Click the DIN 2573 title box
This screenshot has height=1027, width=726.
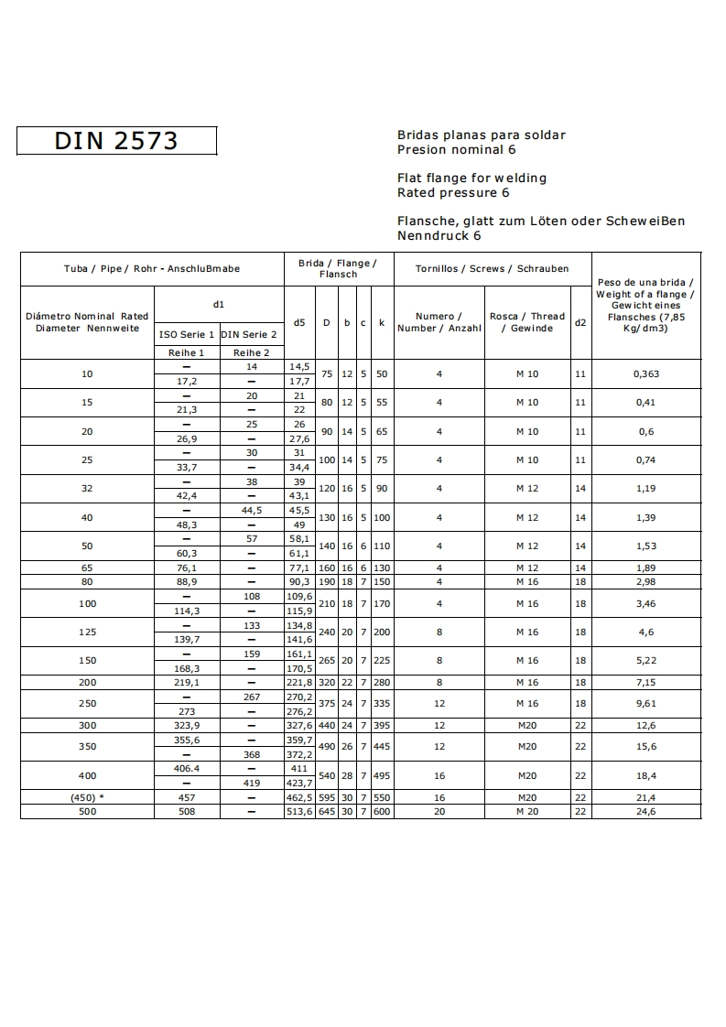(x=116, y=140)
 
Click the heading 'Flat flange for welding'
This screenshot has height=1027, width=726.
(x=471, y=178)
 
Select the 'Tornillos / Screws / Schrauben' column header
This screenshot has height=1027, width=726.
(x=492, y=269)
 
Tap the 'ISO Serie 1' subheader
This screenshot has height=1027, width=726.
(x=186, y=335)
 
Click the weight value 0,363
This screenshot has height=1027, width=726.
(x=645, y=373)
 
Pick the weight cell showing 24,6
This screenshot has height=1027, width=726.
(x=645, y=812)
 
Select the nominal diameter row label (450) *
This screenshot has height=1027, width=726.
(x=87, y=798)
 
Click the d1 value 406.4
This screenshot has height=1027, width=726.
(x=186, y=769)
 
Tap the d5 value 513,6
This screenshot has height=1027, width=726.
(x=299, y=812)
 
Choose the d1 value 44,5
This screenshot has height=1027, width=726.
(x=251, y=511)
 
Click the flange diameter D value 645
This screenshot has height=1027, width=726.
(x=327, y=812)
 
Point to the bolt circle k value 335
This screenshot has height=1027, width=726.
(x=382, y=704)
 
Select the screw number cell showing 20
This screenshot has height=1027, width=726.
(x=439, y=812)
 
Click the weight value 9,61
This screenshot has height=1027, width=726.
(x=645, y=704)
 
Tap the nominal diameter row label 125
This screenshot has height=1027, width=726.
(x=87, y=632)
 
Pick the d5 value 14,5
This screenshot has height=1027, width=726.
(x=299, y=367)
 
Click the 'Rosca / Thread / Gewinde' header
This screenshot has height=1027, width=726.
(x=526, y=322)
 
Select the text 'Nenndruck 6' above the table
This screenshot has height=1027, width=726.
(x=439, y=235)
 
